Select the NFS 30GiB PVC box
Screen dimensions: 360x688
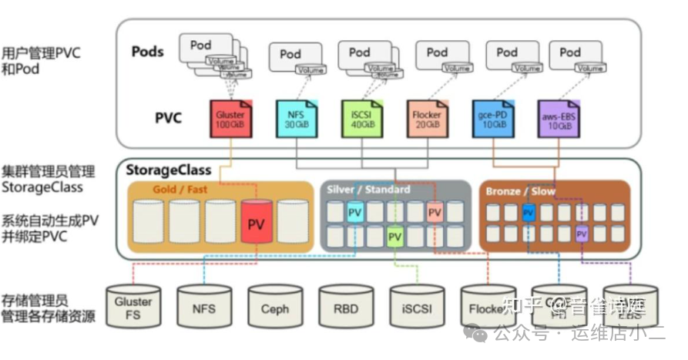(296, 119)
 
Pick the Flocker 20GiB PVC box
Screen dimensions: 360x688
(427, 119)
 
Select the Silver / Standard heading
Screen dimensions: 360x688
(368, 189)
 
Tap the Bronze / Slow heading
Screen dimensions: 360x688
(521, 190)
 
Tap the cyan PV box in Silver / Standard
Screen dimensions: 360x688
(354, 212)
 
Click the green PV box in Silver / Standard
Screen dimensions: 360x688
(394, 235)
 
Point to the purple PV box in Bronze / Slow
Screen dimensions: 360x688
(582, 234)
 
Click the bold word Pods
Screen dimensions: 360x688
(148, 52)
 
